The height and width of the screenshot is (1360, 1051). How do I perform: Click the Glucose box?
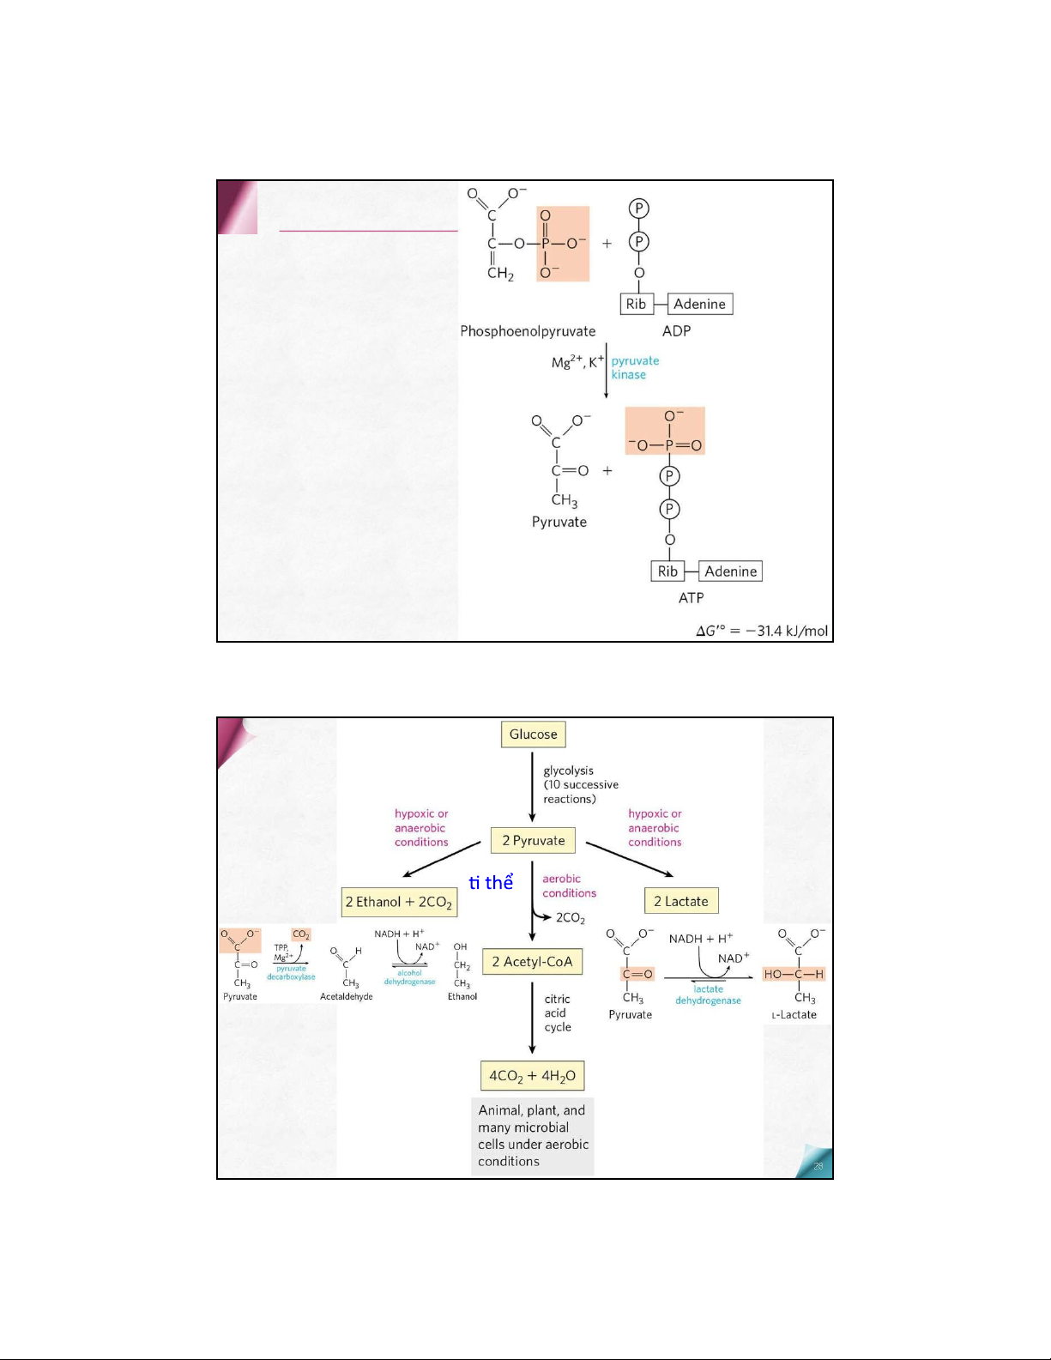(x=533, y=734)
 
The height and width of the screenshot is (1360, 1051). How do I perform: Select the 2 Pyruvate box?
(x=533, y=841)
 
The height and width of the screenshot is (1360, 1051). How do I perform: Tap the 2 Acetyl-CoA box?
(x=532, y=962)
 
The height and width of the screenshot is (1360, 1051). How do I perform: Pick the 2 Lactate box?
(x=681, y=901)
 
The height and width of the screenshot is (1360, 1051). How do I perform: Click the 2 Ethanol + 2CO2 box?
(x=399, y=902)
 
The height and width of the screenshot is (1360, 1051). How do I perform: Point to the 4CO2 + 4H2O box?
(x=532, y=1076)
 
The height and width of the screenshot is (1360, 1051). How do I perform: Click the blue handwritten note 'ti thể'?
(x=491, y=883)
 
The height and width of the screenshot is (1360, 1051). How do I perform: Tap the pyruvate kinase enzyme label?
(x=635, y=368)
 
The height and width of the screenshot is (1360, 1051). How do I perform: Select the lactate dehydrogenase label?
(x=708, y=994)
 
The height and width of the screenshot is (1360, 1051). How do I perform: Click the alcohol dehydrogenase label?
(x=409, y=977)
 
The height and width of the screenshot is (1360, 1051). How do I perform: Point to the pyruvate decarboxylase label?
(x=291, y=973)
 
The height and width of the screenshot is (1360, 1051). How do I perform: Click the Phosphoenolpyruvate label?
(x=528, y=331)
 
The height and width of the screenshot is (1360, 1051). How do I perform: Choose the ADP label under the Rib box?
(x=676, y=331)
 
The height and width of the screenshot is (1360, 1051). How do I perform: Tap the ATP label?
(x=691, y=598)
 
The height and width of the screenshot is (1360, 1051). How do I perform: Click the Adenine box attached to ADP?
(x=699, y=304)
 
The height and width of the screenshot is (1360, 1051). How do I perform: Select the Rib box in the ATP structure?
(x=667, y=571)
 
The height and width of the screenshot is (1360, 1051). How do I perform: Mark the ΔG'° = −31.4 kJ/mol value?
(x=762, y=632)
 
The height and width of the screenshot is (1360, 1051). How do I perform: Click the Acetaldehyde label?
(x=347, y=997)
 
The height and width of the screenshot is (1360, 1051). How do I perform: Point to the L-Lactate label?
(x=794, y=1015)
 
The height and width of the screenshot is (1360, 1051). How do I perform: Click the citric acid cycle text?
(x=557, y=1013)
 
